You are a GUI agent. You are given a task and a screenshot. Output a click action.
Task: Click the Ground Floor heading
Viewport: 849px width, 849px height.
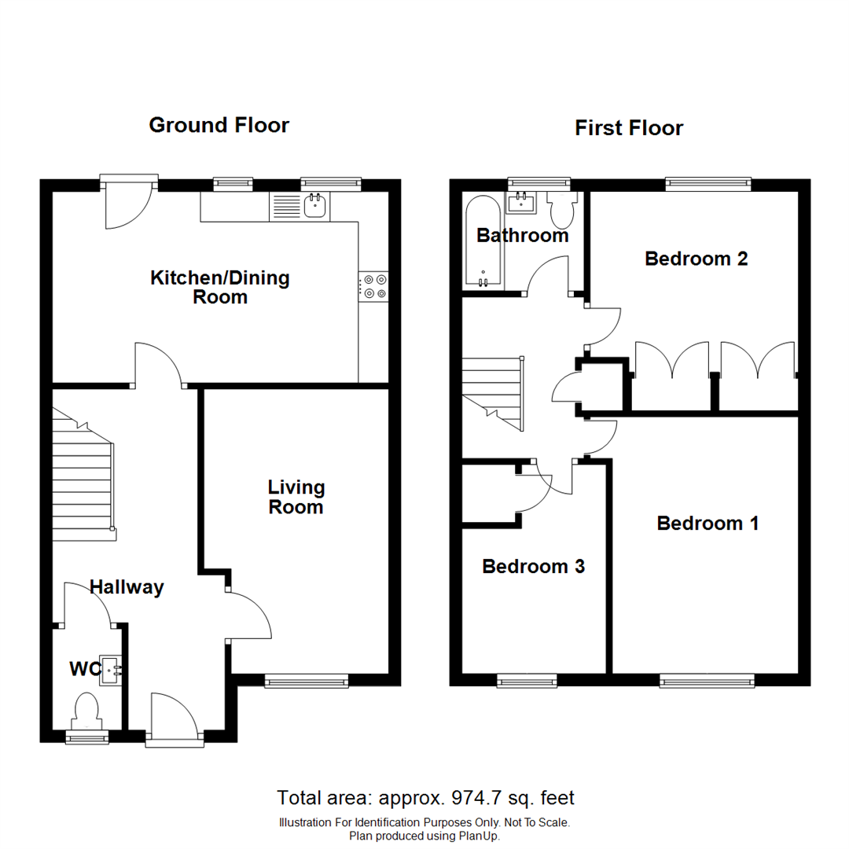[219, 125]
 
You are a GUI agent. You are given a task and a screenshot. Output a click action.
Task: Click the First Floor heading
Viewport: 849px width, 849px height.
[629, 127]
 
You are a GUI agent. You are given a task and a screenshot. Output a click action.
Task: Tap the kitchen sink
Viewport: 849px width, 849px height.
[315, 206]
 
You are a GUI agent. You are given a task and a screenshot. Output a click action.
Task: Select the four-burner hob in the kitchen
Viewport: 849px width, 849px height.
[373, 285]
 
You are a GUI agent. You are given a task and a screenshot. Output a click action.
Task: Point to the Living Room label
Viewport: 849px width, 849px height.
[296, 498]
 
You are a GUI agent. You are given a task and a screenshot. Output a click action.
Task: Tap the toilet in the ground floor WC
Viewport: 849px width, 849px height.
[85, 710]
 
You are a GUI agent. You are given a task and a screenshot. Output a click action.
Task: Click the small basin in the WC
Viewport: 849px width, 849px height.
[109, 671]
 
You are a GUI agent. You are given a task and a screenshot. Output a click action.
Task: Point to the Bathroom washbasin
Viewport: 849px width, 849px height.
[522, 203]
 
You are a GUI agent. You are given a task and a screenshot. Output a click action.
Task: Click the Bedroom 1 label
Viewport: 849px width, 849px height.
[707, 523]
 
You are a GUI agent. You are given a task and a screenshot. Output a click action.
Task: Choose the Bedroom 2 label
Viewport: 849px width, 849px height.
[696, 259]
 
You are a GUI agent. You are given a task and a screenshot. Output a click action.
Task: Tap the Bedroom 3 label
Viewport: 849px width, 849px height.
[533, 566]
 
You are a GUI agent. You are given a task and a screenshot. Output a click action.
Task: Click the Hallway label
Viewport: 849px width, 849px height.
[127, 586]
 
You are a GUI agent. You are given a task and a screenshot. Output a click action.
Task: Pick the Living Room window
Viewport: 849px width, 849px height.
[307, 681]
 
